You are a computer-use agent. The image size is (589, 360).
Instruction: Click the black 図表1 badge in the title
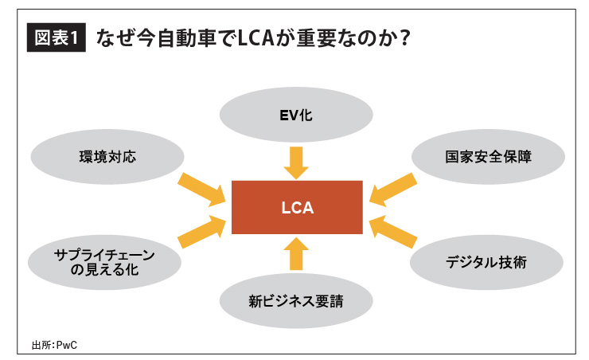tap(55, 38)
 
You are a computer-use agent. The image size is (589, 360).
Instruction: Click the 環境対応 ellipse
tap(108, 156)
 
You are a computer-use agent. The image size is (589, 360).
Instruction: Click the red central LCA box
tap(297, 209)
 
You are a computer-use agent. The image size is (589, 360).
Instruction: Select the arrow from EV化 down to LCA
tap(296, 161)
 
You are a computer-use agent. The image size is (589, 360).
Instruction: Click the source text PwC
tap(69, 344)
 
